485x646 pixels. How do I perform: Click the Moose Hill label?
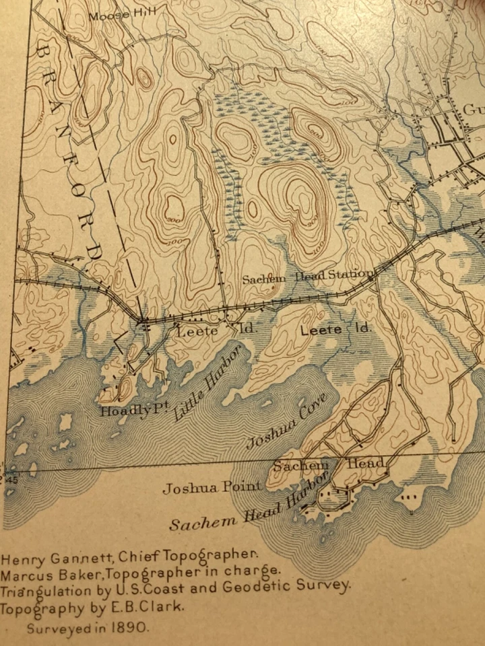112,15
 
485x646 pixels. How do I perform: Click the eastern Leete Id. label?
335,330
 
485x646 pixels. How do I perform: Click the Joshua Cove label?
286,421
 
